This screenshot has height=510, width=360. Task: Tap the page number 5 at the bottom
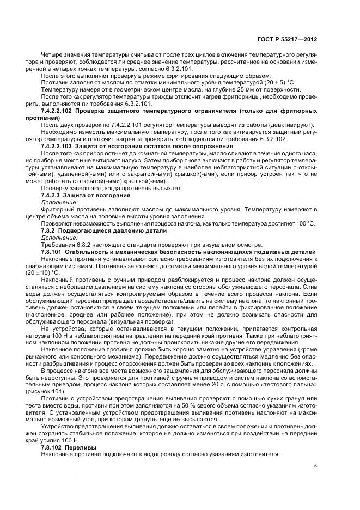coord(316,466)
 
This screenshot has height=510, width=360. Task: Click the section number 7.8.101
coord(52,251)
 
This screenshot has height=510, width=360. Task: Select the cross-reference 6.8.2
coord(77,244)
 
